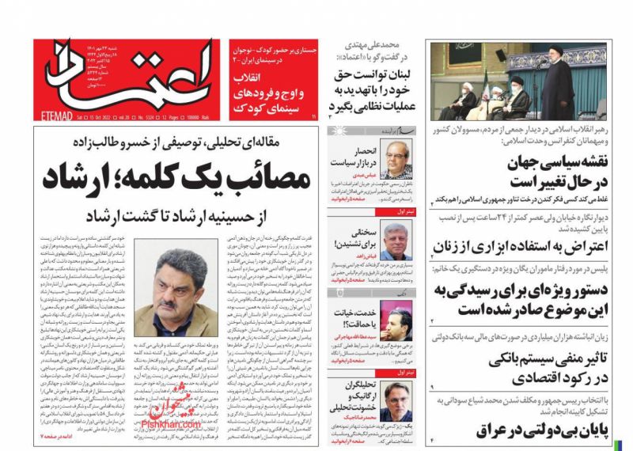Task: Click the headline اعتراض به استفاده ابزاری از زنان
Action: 528,246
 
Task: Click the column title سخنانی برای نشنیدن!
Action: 353,236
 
